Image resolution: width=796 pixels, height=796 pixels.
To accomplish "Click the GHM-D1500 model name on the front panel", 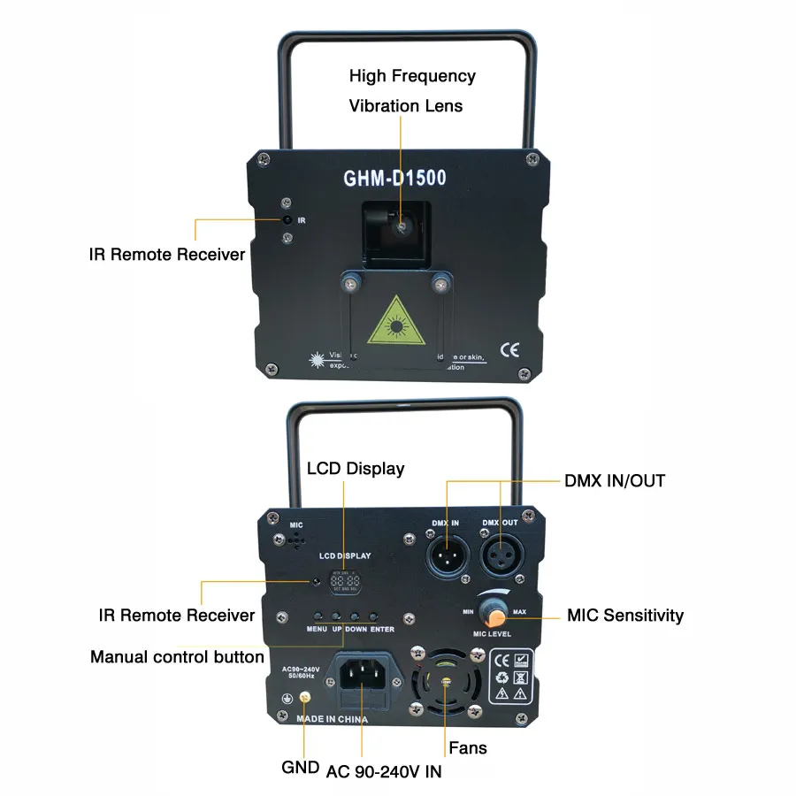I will click(x=394, y=178).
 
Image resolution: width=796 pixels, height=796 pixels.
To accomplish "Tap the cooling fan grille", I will click(x=447, y=683).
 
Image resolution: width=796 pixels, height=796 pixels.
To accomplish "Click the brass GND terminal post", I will click(x=305, y=698).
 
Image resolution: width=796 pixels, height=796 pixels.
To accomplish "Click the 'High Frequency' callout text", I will click(x=412, y=76).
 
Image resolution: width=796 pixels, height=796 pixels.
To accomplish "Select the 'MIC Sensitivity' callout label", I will click(x=625, y=615).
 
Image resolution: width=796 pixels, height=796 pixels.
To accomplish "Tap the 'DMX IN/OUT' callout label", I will click(x=615, y=481).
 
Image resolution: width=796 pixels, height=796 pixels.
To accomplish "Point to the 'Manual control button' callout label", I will click(x=177, y=657).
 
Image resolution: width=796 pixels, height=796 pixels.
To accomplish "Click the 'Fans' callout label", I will click(x=468, y=748).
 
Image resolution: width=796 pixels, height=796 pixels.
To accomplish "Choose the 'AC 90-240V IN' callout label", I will click(x=385, y=771).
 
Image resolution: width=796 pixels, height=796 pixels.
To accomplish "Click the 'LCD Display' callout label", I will click(x=356, y=468).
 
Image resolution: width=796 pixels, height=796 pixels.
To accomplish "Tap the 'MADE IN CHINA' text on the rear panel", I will click(x=332, y=720).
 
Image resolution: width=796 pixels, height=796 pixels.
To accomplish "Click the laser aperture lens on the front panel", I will click(x=401, y=227).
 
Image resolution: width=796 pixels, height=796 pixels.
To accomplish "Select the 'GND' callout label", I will click(x=300, y=767).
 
